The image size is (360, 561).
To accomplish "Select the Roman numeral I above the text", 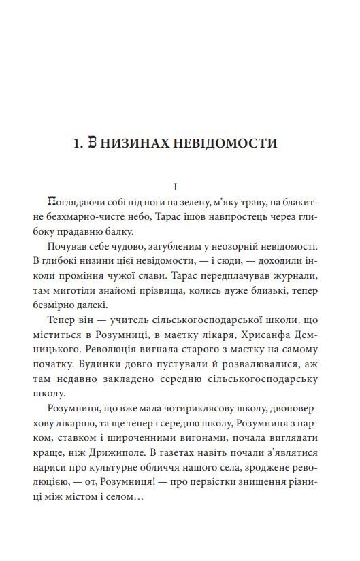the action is click(x=176, y=186).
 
